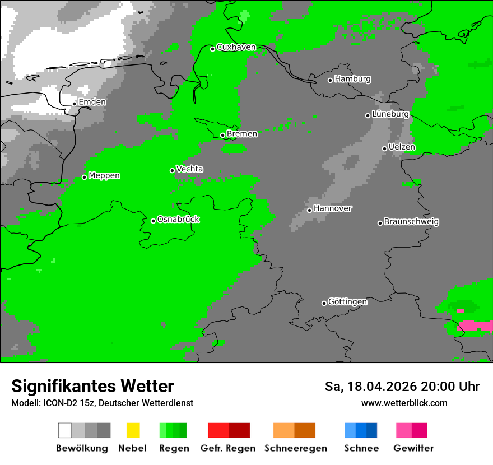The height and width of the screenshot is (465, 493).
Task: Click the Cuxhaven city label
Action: tap(236, 47)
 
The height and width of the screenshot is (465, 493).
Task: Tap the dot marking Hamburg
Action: tap(330, 80)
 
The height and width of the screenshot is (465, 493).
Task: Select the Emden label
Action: tap(92, 102)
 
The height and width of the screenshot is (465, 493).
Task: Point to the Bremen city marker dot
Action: tap(222, 135)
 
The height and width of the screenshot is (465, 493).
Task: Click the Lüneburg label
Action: tap(390, 114)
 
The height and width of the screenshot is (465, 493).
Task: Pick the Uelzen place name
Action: tap(402, 147)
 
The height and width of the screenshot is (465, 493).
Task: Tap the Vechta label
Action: tap(189, 169)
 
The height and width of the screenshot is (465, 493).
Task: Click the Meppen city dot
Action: tap(84, 177)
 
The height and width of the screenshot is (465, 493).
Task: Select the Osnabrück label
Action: tap(178, 219)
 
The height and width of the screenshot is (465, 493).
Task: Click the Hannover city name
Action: tap(333, 208)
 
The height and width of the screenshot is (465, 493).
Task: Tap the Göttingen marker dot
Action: tap(324, 303)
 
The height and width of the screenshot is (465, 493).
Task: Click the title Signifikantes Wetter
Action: tap(92, 387)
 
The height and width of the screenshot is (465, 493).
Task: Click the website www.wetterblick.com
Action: tap(404, 403)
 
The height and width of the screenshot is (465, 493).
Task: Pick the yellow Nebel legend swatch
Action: tap(133, 430)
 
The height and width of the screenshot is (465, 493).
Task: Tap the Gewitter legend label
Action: tap(413, 448)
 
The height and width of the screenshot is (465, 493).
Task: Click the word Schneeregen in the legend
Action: tap(295, 448)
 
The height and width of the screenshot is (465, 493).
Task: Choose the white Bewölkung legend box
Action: tap(65, 430)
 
